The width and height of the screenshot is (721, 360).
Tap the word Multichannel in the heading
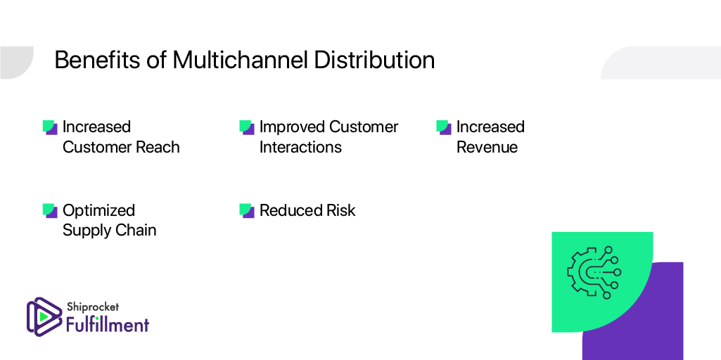pyautogui.click(x=240, y=60)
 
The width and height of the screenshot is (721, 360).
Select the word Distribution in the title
pyautogui.click(x=375, y=60)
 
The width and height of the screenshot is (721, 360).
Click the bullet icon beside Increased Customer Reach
pyautogui.click(x=50, y=127)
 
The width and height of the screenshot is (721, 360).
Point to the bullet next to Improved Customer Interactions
pyautogui.click(x=247, y=127)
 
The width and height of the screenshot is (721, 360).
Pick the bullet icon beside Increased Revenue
pyautogui.click(x=444, y=127)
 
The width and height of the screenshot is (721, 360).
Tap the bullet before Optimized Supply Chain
pyautogui.click(x=50, y=210)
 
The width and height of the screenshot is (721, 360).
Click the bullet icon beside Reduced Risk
pyautogui.click(x=247, y=210)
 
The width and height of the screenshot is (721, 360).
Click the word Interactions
pyautogui.click(x=301, y=147)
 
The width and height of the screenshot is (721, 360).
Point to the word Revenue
pyautogui.click(x=487, y=147)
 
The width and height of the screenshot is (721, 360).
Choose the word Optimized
pyautogui.click(x=99, y=210)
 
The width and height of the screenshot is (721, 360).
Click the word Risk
pyautogui.click(x=340, y=210)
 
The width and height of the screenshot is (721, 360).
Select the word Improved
pyautogui.click(x=291, y=127)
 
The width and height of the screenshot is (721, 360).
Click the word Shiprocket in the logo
pyautogui.click(x=92, y=307)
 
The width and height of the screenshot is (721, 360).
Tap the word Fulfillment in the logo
pyautogui.click(x=108, y=325)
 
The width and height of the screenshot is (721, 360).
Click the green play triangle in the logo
pyautogui.click(x=44, y=317)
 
